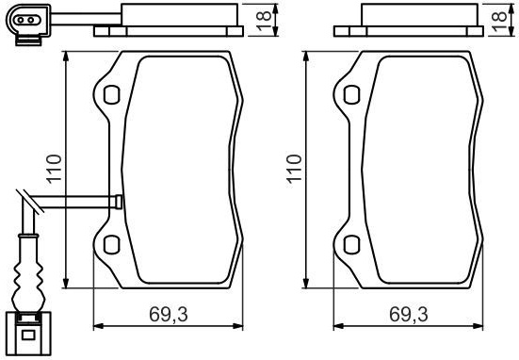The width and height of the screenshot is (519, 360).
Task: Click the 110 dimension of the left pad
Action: pyautogui.click(x=54, y=169)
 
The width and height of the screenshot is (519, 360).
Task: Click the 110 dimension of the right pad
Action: pyautogui.click(x=294, y=169)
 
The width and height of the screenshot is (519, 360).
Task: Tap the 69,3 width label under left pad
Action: pyautogui.click(x=169, y=315)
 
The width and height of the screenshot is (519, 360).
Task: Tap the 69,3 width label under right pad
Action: pyautogui.click(x=409, y=315)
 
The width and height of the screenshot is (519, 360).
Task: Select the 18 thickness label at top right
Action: pyautogui.click(x=499, y=21)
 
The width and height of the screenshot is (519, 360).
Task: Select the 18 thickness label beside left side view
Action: pyautogui.click(x=264, y=21)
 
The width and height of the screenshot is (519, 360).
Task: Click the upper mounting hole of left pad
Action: pyautogui.click(x=111, y=95)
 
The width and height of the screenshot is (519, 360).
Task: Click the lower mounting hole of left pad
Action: pyautogui.click(x=111, y=245)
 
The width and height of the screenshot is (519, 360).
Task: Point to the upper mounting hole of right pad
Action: pyautogui.click(x=352, y=95)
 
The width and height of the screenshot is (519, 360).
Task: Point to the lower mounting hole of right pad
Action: pyautogui.click(x=352, y=245)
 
